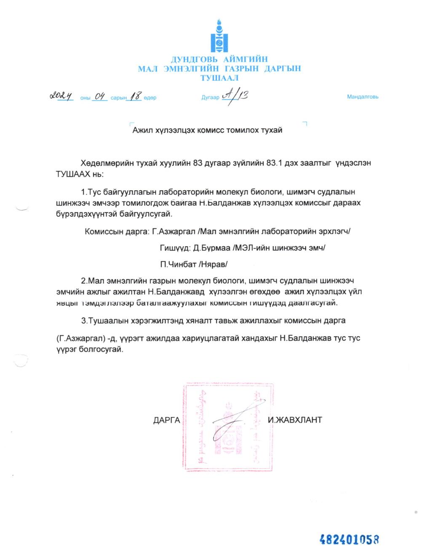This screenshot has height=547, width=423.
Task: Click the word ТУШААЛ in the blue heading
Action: [219, 78]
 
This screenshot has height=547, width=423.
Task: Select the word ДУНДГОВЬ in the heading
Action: [190, 59]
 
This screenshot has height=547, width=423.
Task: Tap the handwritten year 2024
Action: [62, 96]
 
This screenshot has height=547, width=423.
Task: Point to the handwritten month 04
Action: [100, 97]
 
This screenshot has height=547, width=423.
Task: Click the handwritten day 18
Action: [135, 97]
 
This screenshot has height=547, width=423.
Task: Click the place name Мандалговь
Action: [362, 97]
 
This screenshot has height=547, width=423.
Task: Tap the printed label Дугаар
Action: [210, 98]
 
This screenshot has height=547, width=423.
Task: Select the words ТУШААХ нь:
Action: [79, 174]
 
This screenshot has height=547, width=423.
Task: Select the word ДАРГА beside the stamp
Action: [166, 420]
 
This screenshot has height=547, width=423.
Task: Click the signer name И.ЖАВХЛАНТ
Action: [295, 420]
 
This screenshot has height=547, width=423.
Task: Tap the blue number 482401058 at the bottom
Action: [350, 539]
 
